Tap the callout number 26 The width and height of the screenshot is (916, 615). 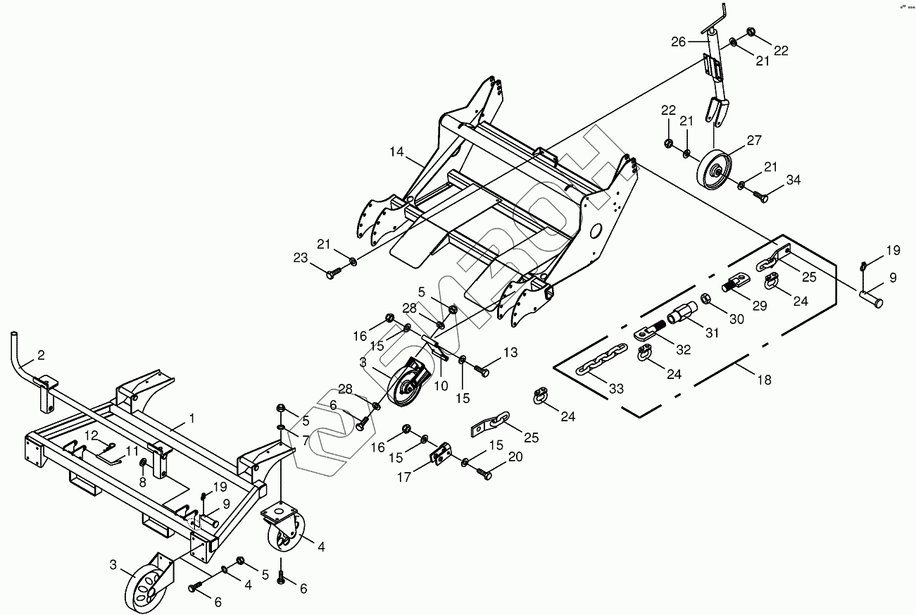coord(678,42)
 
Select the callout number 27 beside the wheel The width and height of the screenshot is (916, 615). coord(754,141)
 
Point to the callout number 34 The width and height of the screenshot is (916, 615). coord(793,180)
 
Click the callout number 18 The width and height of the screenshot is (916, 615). coord(763,380)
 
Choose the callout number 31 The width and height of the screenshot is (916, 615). coord(712,333)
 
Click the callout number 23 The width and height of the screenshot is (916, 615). coord(301,259)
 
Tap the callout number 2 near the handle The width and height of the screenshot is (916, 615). coord(41,354)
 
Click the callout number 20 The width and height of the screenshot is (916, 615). coord(515,456)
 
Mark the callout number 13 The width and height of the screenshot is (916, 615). coord(510,352)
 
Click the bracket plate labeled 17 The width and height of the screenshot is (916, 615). coord(441,454)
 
